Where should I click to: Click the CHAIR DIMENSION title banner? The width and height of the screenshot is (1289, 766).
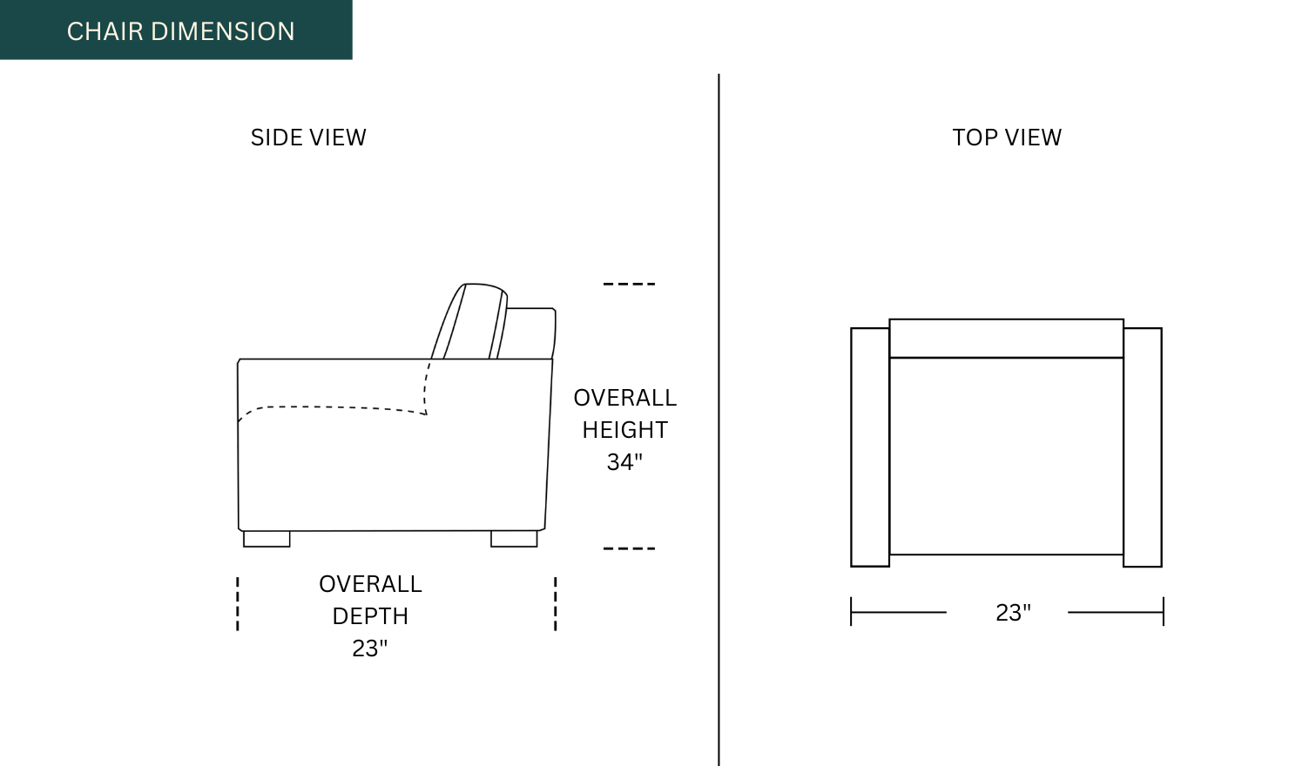180,31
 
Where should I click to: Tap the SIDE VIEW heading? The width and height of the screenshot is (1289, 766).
308,138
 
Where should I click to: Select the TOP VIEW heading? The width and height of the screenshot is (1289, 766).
1007,138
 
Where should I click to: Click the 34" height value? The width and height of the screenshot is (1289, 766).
624,462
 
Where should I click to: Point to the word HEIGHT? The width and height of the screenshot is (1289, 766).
624,430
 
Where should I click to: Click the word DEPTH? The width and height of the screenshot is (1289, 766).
370,616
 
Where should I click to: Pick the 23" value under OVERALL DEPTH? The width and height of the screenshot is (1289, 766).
370,648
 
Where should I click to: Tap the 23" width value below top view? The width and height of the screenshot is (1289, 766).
1013,613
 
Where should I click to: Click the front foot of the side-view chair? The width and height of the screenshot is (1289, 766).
267,539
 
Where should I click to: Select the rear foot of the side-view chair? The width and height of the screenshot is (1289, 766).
514,539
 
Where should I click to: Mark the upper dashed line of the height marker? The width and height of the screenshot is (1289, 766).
629,284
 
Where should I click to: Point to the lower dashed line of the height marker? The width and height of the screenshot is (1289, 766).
629,548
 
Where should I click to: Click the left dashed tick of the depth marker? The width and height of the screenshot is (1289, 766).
238,603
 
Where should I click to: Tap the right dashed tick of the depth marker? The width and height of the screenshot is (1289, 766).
556,603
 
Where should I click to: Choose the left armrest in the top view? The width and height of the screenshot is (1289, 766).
870,447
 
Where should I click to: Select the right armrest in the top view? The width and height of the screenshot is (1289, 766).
1143,447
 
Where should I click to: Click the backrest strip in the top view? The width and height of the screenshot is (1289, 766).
1006,339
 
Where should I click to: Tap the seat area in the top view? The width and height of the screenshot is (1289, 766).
1006,456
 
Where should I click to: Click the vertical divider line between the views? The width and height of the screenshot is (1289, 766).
719,418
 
